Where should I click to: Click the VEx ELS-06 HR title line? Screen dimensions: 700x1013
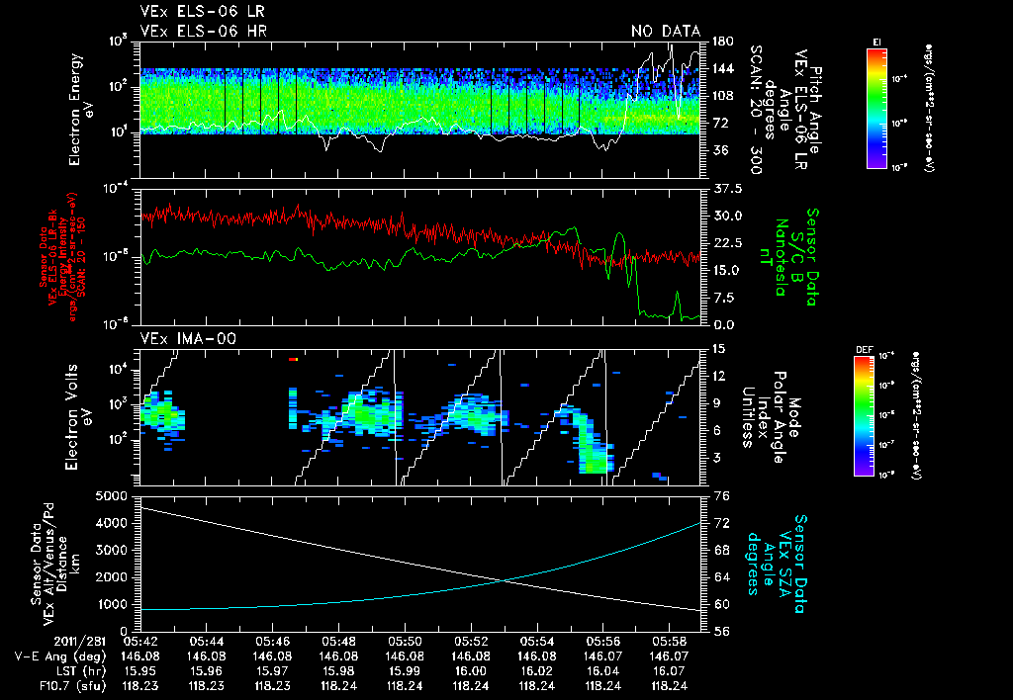click(x=203, y=31)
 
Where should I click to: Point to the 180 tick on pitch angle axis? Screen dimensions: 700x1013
click(x=721, y=42)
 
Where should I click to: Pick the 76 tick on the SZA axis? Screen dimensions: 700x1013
click(x=721, y=495)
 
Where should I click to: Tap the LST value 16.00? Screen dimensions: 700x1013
click(x=470, y=671)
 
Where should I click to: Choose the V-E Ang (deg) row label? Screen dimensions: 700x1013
click(x=53, y=656)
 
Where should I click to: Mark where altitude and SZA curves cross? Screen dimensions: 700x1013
click(x=504, y=578)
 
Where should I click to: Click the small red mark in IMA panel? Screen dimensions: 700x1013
click(x=293, y=360)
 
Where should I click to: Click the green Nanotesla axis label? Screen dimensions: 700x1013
click(x=782, y=256)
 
